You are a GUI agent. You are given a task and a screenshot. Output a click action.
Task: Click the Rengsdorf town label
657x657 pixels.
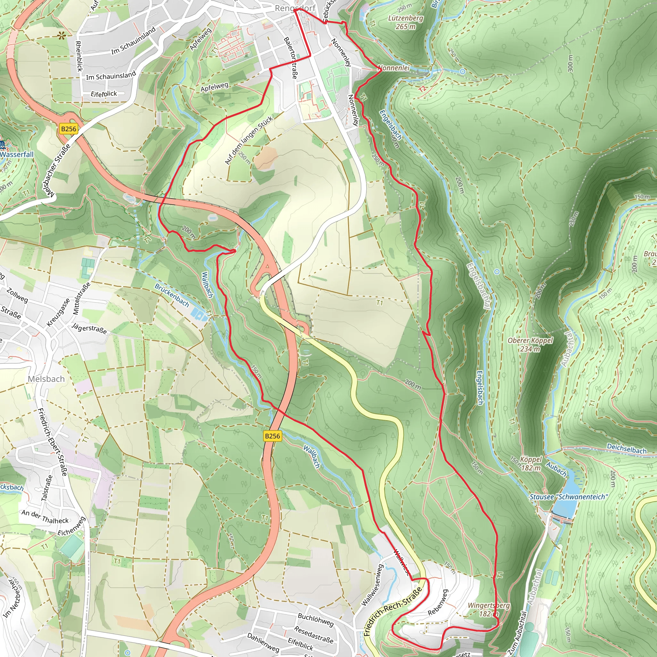coord(295,8)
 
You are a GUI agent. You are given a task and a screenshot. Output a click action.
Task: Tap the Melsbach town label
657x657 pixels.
coord(46,379)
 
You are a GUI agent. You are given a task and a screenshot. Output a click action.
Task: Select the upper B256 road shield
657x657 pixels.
coord(68,129)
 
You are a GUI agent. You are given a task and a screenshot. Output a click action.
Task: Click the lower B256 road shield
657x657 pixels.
coord(272,436)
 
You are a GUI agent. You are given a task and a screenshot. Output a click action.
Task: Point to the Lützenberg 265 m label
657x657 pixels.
coord(405,22)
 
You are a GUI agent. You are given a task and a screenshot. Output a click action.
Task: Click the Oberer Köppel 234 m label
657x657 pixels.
coord(530,345)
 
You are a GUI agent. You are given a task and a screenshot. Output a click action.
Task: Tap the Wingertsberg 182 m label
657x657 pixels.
coord(489,610)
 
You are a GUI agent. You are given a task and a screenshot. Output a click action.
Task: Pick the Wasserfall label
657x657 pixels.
coord(17,154)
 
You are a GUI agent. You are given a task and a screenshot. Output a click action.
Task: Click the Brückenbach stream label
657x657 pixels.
coord(172,295)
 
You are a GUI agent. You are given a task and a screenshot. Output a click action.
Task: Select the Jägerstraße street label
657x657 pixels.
coord(90,328)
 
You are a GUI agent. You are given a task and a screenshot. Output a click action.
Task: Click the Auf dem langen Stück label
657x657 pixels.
coord(249,141)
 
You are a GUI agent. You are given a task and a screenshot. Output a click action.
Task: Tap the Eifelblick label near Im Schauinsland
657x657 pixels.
coord(104,94)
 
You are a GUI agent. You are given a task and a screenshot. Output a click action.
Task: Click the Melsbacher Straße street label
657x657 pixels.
coord(58,170)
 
